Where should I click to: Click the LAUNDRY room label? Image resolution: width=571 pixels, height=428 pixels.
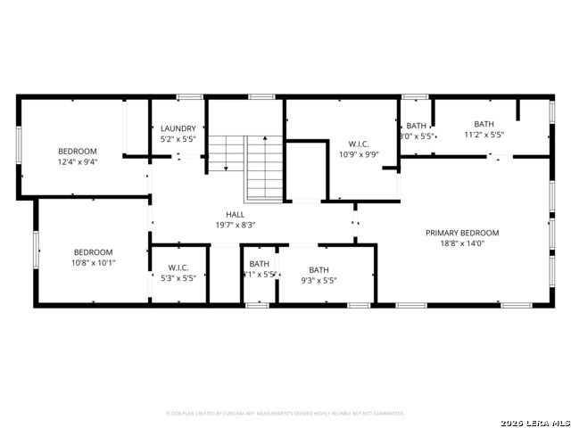(178, 128)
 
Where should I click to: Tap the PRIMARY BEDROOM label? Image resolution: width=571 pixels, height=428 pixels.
(461, 233)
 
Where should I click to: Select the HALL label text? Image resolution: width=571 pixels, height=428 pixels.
(235, 214)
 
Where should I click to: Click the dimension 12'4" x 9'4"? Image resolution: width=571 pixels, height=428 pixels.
(78, 162)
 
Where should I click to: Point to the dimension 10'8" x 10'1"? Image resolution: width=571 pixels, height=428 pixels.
(94, 263)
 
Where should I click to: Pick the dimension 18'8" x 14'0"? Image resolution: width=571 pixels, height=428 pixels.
(461, 244)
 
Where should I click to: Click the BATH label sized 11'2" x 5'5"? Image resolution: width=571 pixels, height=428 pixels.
(484, 125)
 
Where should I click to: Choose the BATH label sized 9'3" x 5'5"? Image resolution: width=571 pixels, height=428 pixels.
(319, 269)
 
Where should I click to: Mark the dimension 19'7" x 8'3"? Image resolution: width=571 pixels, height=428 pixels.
(235, 226)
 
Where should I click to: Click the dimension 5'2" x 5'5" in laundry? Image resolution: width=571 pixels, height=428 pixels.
(178, 139)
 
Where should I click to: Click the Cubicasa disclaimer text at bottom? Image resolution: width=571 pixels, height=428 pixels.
(285, 414)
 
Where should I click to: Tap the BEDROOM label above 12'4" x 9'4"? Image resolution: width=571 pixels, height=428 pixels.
(78, 151)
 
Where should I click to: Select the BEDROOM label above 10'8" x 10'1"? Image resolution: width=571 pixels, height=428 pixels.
(94, 251)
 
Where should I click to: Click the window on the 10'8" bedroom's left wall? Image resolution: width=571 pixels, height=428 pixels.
(37, 250)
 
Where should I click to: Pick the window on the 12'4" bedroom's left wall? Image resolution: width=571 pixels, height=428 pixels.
(19, 144)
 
